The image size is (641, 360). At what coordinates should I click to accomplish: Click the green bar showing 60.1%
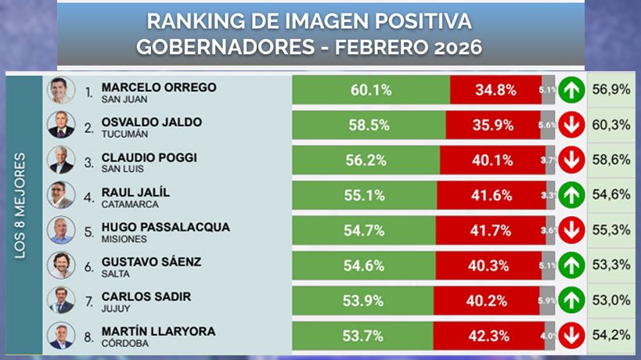pos(370,90)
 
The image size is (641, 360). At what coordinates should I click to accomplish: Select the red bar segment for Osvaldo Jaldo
pos(493,125)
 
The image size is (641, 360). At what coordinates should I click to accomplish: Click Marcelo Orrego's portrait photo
pos(60,90)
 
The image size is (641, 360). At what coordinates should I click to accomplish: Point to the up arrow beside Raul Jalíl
pos(572,195)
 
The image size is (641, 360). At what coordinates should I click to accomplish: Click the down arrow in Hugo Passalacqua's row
pos(572,230)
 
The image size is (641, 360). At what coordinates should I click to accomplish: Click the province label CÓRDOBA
pos(127,344)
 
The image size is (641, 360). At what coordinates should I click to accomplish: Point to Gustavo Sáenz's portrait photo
pos(60,265)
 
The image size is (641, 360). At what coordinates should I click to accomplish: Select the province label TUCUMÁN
pos(126,135)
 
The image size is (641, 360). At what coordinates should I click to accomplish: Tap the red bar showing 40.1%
pos(491,160)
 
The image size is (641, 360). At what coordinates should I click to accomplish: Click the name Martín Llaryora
pos(158,332)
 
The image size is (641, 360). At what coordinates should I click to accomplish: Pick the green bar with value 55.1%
pos(364,195)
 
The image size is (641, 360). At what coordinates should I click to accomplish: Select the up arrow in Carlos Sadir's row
pos(572,300)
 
